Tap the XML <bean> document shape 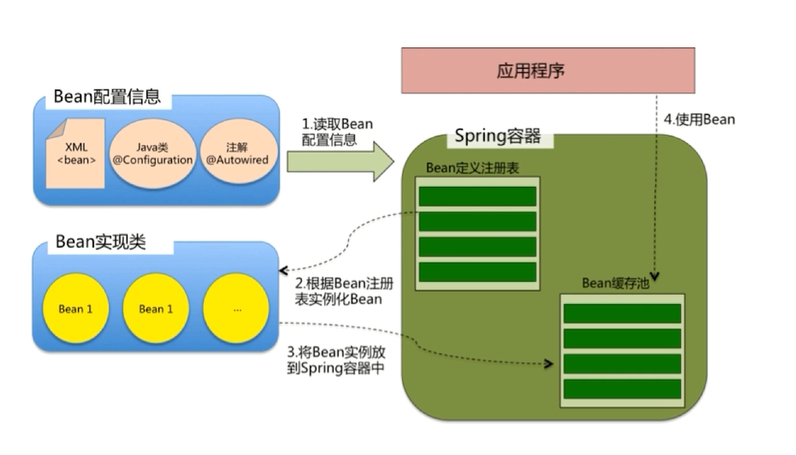pyautogui.click(x=75, y=153)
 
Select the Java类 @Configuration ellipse pyautogui.click(x=152, y=154)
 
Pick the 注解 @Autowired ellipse pyautogui.click(x=237, y=154)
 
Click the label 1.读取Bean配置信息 pyautogui.click(x=338, y=132)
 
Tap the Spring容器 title pyautogui.click(x=498, y=136)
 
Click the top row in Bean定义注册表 pyautogui.click(x=477, y=196)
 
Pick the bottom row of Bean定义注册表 pyautogui.click(x=477, y=272)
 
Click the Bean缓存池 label pyautogui.click(x=615, y=283)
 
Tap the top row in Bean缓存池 pyautogui.click(x=622, y=314)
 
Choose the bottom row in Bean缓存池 pyautogui.click(x=622, y=389)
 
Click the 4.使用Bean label pyautogui.click(x=699, y=119)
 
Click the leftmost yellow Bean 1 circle pyautogui.click(x=75, y=309)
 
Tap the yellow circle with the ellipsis pyautogui.click(x=237, y=309)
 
